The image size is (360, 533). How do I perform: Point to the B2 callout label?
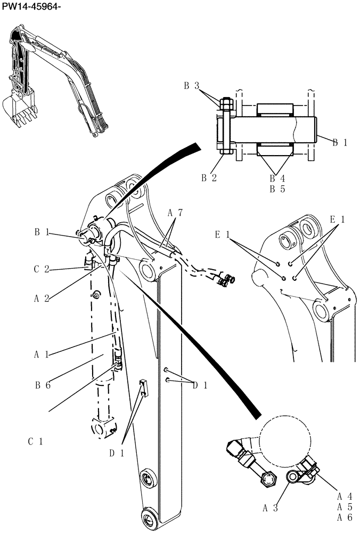tap(208, 178)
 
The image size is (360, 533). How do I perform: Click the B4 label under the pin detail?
tap(277, 179)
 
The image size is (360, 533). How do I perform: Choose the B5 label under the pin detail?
tap(277, 189)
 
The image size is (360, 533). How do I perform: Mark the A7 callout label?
tap(175, 213)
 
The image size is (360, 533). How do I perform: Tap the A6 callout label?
tap(345, 516)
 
